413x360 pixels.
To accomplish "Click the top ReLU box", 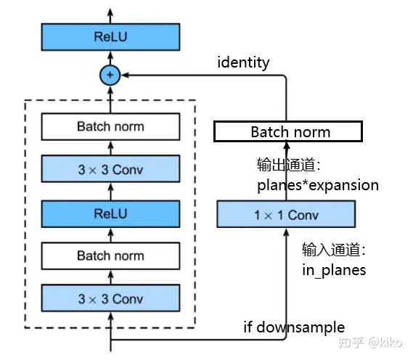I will pos(110,37).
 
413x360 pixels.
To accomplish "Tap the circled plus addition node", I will pos(110,74).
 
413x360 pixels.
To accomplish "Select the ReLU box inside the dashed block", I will pos(110,213).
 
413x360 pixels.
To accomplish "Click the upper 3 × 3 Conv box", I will pos(110,170).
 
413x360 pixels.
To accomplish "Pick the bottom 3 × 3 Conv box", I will pos(110,298).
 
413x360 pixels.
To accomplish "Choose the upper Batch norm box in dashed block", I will pos(110,126).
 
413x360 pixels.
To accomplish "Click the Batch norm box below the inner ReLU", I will pos(110,255).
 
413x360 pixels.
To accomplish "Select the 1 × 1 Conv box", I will pos(286,215).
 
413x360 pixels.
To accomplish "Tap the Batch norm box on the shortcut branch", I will pos(287,131).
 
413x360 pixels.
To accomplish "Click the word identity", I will pos(243,62).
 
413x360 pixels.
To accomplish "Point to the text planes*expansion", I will pos(318,184).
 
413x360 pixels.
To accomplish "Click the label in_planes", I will pos(334,270).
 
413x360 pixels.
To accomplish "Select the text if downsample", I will pos(293,327).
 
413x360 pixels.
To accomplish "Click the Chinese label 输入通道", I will pos(332,250).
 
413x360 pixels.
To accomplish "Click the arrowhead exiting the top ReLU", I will pos(110,12).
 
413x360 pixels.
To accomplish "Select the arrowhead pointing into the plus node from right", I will pos(124,74).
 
